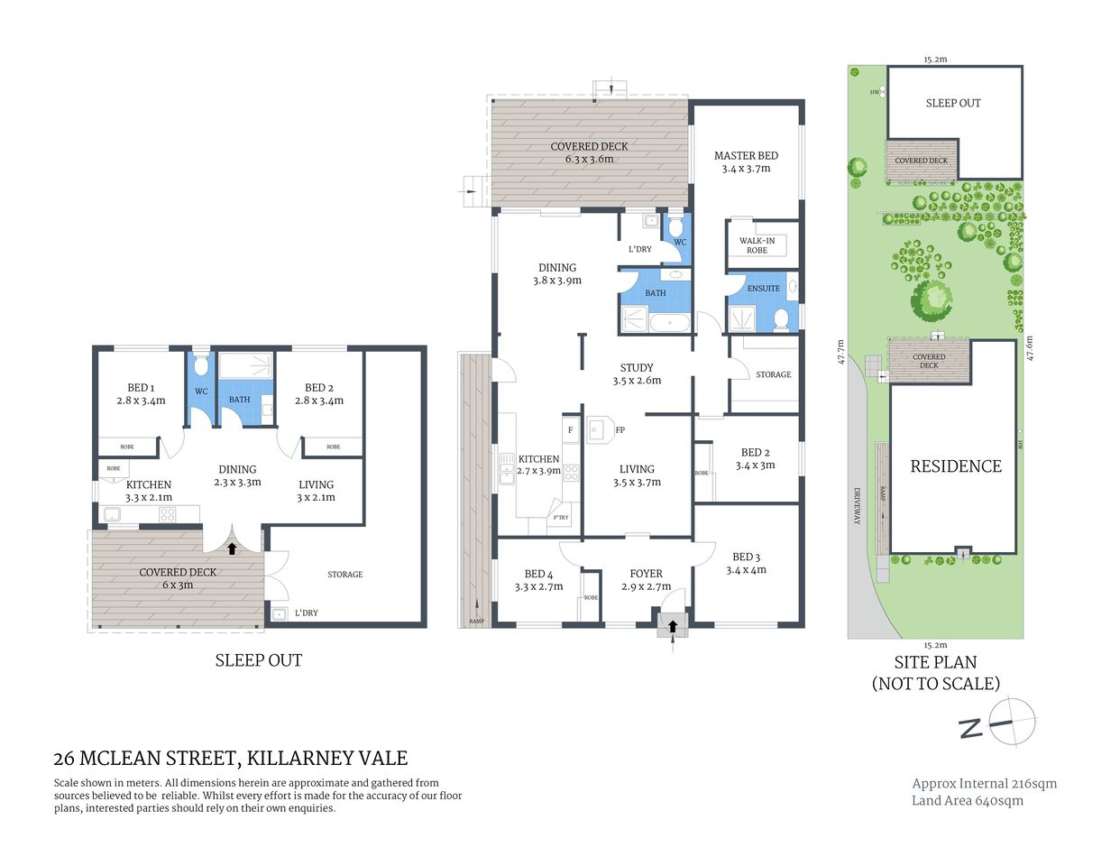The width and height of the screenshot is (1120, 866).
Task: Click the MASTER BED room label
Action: point(746,156)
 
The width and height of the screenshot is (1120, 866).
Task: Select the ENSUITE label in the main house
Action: point(763,289)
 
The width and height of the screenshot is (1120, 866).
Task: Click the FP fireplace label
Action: point(620,430)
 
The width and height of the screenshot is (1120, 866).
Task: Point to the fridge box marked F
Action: point(570,430)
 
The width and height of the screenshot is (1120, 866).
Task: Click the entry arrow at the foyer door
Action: point(673,625)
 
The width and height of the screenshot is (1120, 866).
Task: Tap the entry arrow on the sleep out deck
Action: point(232,547)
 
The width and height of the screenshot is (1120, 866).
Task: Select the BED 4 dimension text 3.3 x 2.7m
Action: point(538,586)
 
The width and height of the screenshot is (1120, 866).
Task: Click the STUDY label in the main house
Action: point(637,367)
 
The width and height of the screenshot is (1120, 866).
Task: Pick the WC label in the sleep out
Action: point(201,392)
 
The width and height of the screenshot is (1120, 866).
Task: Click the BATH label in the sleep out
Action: point(239,400)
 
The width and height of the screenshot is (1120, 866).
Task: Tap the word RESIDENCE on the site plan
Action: point(955,466)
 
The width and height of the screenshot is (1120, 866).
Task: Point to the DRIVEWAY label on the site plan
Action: point(858,506)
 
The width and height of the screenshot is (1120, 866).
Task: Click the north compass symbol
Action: point(1009,722)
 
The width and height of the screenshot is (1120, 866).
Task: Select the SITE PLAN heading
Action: point(935,662)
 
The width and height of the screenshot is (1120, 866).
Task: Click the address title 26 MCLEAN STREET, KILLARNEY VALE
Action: point(231,759)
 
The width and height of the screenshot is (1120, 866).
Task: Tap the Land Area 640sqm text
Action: point(967,800)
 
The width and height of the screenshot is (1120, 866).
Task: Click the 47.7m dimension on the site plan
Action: point(840,352)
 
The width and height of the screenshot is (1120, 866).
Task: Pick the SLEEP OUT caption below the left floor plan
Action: point(258,660)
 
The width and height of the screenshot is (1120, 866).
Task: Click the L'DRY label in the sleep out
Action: point(307,613)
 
